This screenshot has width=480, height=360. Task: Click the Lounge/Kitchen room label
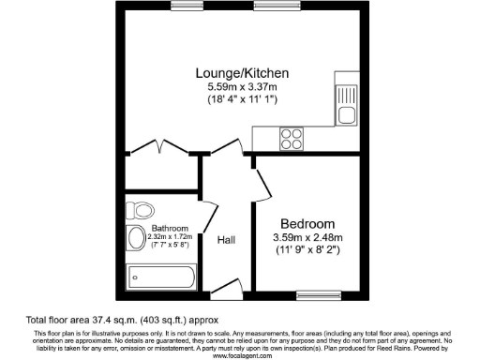(241, 73)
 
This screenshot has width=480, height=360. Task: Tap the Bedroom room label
(308, 224)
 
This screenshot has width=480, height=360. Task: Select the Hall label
(226, 241)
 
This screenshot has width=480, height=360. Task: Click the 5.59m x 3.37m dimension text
(241, 87)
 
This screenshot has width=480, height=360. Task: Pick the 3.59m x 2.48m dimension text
(308, 238)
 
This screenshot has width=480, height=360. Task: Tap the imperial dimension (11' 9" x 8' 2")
(308, 250)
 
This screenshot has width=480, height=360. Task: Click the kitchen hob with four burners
(291, 138)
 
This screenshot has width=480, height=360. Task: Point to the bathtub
(161, 277)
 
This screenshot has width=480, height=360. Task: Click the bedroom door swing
(262, 183)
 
